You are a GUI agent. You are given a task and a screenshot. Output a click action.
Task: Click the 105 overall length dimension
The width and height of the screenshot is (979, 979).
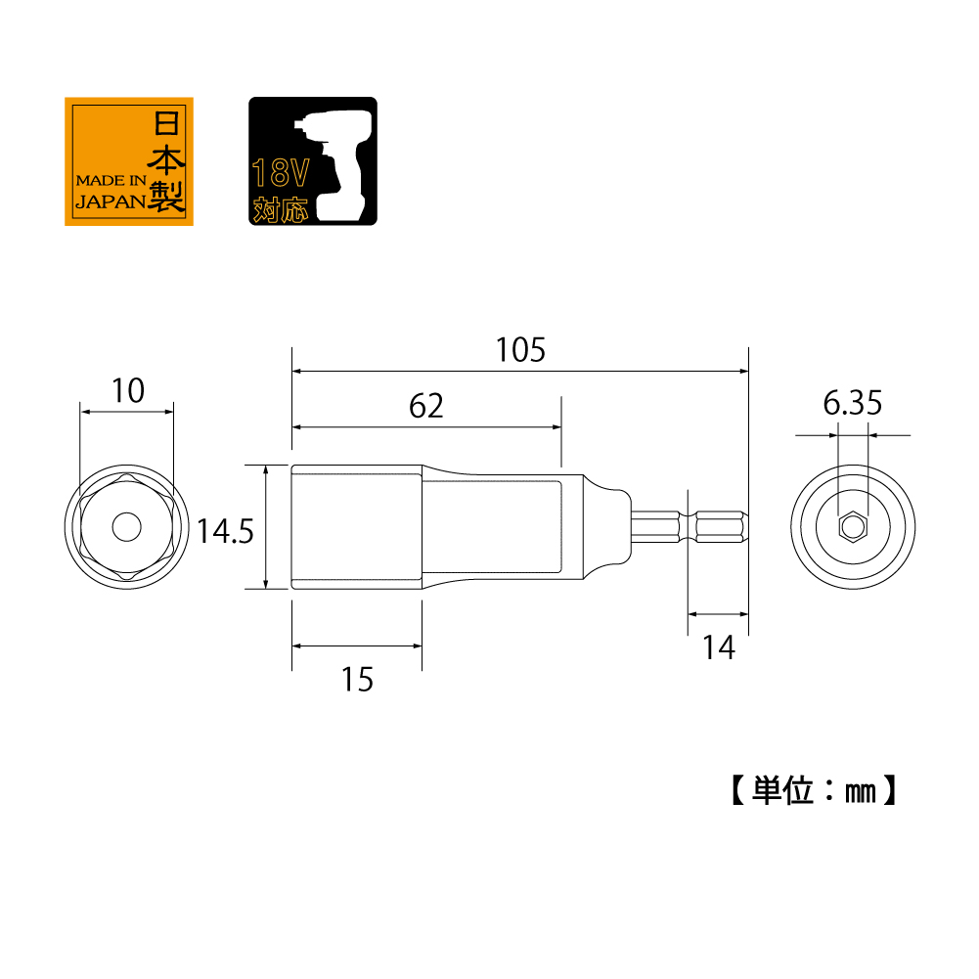(520, 350)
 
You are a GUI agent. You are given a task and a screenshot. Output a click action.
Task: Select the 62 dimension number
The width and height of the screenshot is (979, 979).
(425, 406)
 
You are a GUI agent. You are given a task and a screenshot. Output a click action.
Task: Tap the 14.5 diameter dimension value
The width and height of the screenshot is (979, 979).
(225, 531)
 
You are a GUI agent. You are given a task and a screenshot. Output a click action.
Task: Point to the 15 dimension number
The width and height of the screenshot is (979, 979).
(357, 680)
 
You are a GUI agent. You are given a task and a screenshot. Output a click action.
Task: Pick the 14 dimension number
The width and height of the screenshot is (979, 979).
(719, 647)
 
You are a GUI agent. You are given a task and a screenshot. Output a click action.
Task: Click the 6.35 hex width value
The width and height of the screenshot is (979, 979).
(852, 403)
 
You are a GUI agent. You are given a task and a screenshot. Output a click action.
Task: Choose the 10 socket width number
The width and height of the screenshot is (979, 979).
(128, 391)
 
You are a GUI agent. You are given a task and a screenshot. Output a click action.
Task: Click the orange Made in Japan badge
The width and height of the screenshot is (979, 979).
(129, 161)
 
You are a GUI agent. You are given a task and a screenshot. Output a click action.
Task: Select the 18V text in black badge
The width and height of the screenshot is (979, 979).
(281, 173)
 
